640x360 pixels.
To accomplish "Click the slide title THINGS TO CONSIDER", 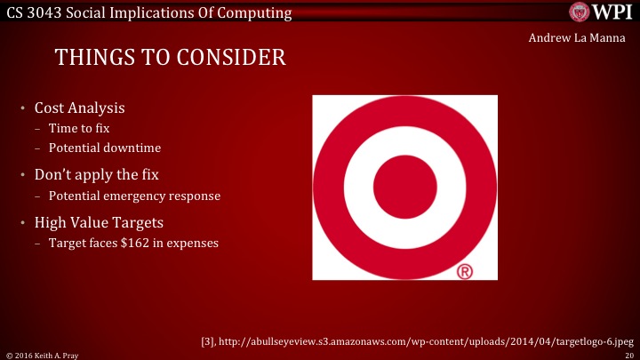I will click(171, 58).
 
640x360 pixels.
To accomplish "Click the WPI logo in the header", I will click(600, 12).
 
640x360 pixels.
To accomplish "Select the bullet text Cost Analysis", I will click(79, 108).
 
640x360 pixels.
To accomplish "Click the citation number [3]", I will click(212, 339).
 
